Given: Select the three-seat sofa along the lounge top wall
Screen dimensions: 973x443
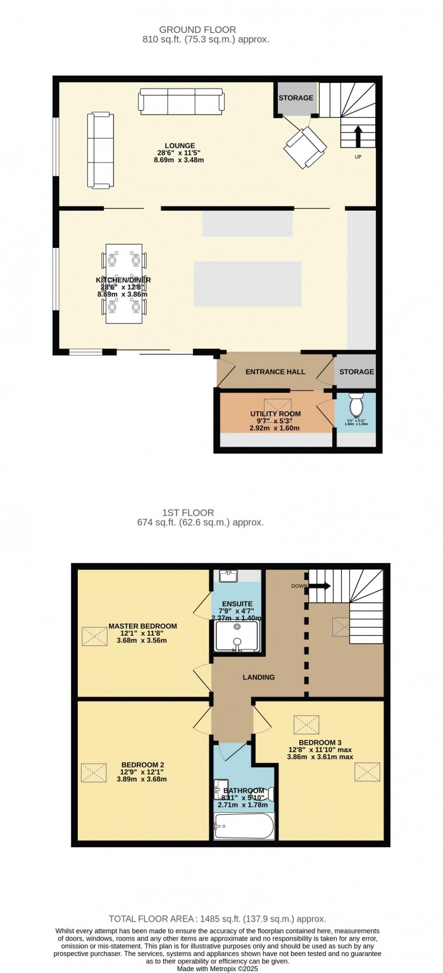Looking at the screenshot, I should point(182,101).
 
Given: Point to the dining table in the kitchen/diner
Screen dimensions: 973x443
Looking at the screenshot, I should point(124,283).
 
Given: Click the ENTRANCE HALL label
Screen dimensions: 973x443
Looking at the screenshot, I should point(275,371).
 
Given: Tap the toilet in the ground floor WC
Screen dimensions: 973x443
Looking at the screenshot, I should point(356,404).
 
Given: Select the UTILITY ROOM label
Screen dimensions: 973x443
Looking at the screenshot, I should point(275,414).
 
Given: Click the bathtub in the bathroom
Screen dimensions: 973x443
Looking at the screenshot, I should point(244,826).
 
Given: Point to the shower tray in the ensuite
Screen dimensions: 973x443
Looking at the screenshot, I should point(237,635).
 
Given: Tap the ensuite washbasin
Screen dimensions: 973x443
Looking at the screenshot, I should point(228,576).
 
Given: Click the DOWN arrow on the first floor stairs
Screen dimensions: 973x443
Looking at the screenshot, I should point(320,586).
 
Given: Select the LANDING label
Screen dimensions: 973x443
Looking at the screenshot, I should point(259,677).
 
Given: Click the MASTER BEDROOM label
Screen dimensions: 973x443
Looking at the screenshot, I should point(142,626).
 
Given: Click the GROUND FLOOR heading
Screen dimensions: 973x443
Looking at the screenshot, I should point(197,29).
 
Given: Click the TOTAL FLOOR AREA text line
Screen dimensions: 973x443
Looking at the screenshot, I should point(217,919).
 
